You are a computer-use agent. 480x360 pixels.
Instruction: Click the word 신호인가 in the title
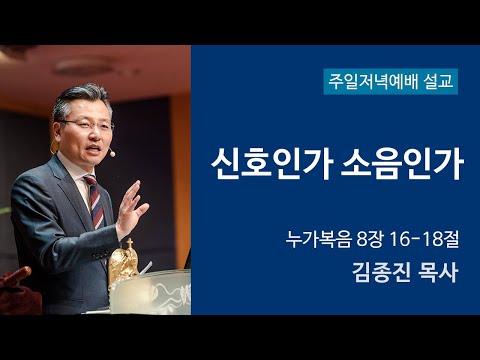[266, 164]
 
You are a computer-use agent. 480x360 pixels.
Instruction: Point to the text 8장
[371, 240]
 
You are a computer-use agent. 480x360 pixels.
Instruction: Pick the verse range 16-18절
[428, 240]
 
